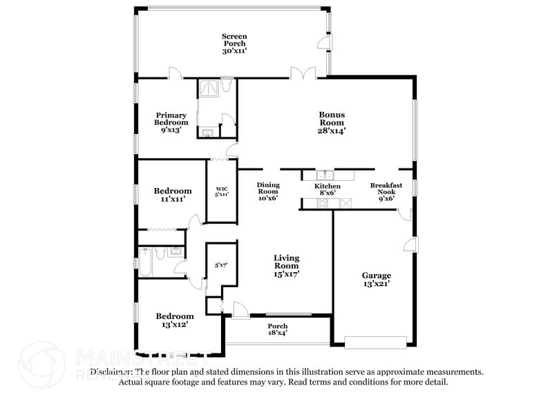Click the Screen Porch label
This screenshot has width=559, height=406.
(x=234, y=43)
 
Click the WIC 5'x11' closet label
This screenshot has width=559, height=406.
(x=222, y=191)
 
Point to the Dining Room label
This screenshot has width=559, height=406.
(x=267, y=191)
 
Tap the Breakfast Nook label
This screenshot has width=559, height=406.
(x=387, y=191)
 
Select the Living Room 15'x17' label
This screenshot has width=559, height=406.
(x=286, y=266)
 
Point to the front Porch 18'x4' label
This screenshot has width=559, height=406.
(x=278, y=330)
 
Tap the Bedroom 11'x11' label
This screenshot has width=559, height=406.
(x=172, y=195)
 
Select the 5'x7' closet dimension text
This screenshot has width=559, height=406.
(x=221, y=265)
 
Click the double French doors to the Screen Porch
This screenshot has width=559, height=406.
(x=303, y=72)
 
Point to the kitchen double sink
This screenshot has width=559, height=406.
(x=325, y=175)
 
